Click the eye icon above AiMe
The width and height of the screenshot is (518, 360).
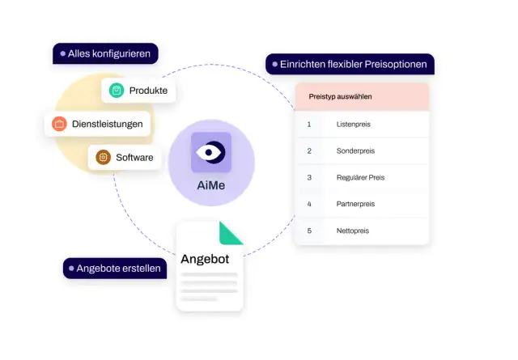coord(210,152)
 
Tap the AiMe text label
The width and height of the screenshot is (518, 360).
coord(210,185)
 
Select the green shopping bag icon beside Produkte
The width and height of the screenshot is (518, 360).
coord(117,90)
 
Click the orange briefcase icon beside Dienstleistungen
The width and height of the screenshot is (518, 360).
coord(59,124)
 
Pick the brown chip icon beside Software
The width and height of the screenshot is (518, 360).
coord(103,157)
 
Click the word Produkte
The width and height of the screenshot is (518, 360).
coord(148,91)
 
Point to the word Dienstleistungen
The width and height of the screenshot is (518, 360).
coord(108,124)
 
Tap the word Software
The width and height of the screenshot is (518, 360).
coord(134,158)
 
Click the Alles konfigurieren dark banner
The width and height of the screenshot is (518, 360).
coord(105,53)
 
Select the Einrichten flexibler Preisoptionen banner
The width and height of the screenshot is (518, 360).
coord(350,64)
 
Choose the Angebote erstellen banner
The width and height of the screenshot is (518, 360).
coord(115,269)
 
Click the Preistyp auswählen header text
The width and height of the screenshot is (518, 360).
coord(340,96)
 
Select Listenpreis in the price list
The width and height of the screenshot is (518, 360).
coord(354,125)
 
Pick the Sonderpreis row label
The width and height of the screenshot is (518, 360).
coord(355,151)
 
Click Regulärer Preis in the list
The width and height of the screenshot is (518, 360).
coord(360,177)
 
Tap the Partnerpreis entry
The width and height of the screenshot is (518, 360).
coord(355,204)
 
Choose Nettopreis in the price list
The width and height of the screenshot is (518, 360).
coord(353,231)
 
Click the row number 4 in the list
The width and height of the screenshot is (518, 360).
coord(309,204)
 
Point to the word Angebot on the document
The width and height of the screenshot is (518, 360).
coord(205,259)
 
